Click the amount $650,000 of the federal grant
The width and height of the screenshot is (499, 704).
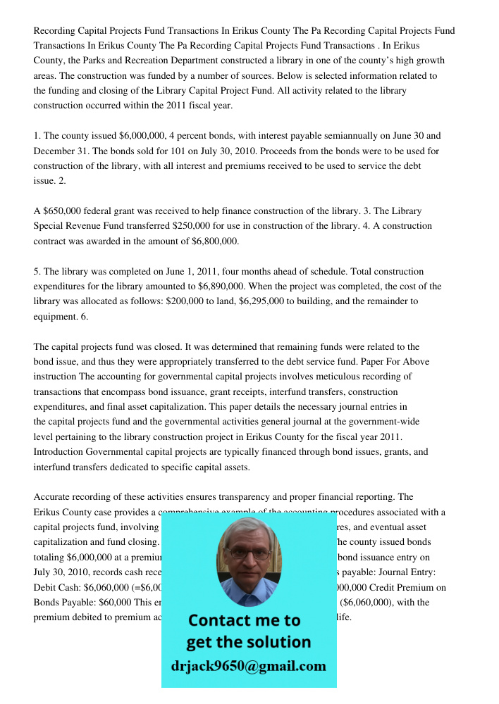pyautogui.click(x=61, y=210)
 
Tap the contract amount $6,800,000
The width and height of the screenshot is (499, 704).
pyautogui.click(x=215, y=241)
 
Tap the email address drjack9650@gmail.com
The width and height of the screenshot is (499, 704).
pyautogui.click(x=248, y=666)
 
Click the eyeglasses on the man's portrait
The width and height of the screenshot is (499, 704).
pyautogui.click(x=249, y=553)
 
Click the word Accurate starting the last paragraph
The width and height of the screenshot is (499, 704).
pyautogui.click(x=52, y=497)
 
